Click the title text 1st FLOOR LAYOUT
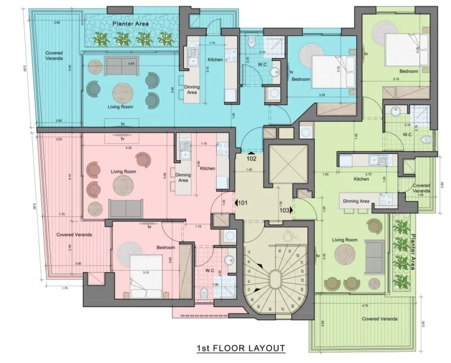coord(241,348)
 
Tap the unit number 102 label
coord(251,158)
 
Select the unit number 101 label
coord(243,203)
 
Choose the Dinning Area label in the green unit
coord(356,201)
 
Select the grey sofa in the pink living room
coord(125,208)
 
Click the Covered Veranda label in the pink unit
coord(74,234)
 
